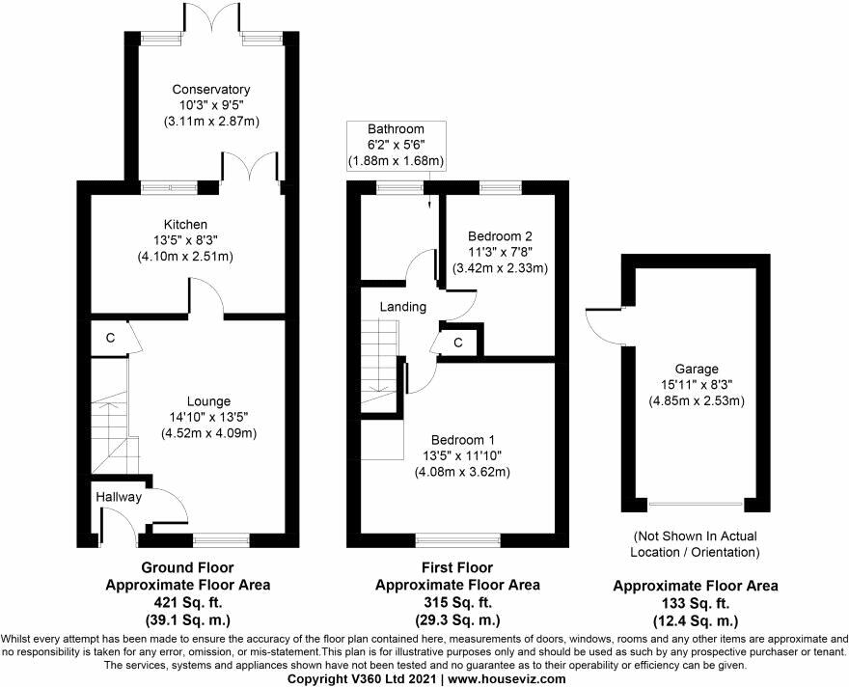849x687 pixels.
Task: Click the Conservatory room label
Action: coord(211,90)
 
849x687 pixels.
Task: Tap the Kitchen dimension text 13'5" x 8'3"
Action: coord(185,240)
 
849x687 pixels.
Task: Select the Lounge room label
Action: coord(208,401)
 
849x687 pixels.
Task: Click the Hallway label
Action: coord(119,497)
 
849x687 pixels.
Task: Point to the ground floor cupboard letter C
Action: coord(110,338)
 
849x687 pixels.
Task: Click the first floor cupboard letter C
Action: coord(458,343)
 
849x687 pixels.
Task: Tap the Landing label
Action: coord(403,307)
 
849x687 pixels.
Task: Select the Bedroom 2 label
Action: coord(500,236)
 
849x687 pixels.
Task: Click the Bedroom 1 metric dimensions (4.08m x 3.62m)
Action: coord(462,472)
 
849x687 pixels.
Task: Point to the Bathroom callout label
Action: coord(396,129)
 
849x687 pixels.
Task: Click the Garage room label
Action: coord(697,370)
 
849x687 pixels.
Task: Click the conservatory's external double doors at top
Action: coord(210,24)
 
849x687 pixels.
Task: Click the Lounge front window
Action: coord(222,539)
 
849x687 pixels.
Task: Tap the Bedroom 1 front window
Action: coord(458,538)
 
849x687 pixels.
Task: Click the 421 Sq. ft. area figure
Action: coord(187,602)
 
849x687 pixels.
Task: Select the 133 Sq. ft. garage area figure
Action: coord(696,603)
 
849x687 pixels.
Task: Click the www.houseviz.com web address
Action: coord(507,679)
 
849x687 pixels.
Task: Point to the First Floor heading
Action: coord(457,567)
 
